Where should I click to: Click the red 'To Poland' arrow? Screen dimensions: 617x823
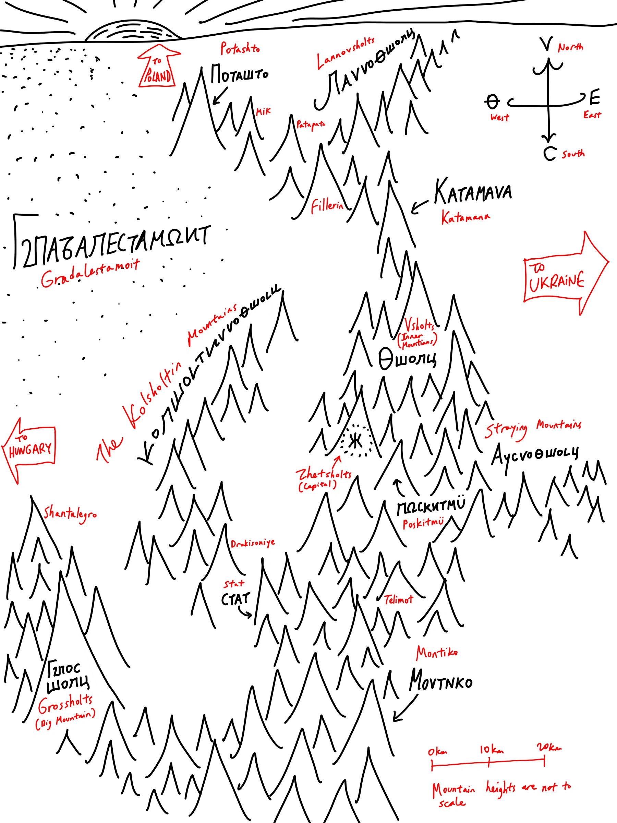click(158, 69)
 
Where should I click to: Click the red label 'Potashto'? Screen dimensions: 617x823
click(240, 48)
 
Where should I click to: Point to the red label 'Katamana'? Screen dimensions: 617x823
click(465, 217)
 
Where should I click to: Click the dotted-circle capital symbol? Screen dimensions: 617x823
click(356, 441)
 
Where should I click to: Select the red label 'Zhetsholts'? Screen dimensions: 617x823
click(324, 474)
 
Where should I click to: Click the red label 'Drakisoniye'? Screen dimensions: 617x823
click(253, 544)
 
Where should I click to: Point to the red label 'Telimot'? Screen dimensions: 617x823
click(398, 600)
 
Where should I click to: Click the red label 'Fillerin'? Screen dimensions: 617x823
click(327, 205)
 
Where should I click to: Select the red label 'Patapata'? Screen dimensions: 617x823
click(311, 124)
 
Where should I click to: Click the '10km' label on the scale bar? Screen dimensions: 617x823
click(491, 750)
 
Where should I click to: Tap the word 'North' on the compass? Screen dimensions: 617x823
click(570, 47)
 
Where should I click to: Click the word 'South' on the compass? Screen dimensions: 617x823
click(573, 154)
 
